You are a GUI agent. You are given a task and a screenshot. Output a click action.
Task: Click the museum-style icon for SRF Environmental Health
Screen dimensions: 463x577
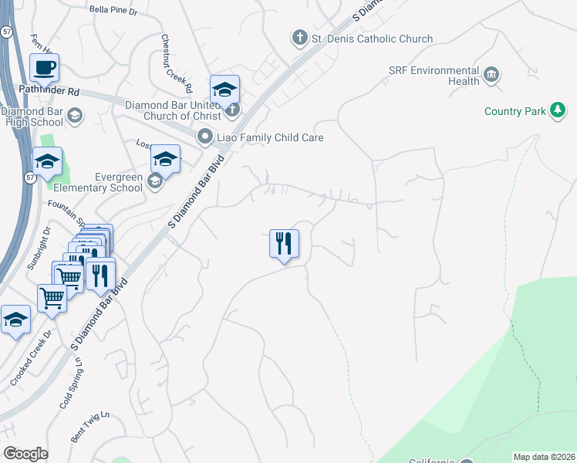(491, 76)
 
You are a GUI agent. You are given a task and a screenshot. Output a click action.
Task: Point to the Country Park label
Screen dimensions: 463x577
(515, 112)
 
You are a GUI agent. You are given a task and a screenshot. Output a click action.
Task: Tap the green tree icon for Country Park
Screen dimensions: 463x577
(557, 112)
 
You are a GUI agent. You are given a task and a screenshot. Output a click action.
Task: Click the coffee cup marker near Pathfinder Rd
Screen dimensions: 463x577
(46, 67)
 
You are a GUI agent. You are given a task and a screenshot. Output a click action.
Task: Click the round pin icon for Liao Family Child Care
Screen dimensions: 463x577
(204, 137)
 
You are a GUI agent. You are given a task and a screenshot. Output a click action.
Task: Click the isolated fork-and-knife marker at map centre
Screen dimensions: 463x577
(284, 244)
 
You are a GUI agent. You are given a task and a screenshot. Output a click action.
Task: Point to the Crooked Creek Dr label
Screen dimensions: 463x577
(31, 359)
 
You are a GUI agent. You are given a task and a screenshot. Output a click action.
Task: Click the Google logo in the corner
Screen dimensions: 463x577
(25, 454)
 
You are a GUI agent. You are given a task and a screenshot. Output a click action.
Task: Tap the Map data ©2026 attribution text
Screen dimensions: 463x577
(544, 457)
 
